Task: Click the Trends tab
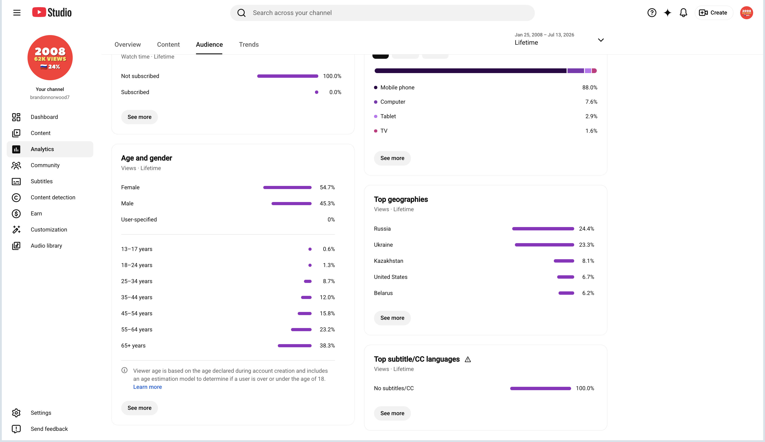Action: (x=249, y=45)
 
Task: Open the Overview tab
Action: (x=127, y=45)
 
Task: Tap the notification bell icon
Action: (x=683, y=13)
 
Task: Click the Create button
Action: (x=713, y=13)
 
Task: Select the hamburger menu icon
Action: (x=17, y=13)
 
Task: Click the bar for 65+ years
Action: (x=294, y=345)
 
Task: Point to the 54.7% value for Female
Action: (x=327, y=187)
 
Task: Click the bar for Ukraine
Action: (x=544, y=245)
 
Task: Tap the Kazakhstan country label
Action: (x=389, y=261)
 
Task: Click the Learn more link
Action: (x=148, y=387)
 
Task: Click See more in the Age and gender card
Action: (x=139, y=408)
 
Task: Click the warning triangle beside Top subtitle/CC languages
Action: (x=468, y=360)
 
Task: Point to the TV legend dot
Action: (x=376, y=131)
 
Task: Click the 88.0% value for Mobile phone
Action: (x=590, y=87)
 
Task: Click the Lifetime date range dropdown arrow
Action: (x=601, y=40)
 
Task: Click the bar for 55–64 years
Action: (x=301, y=329)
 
